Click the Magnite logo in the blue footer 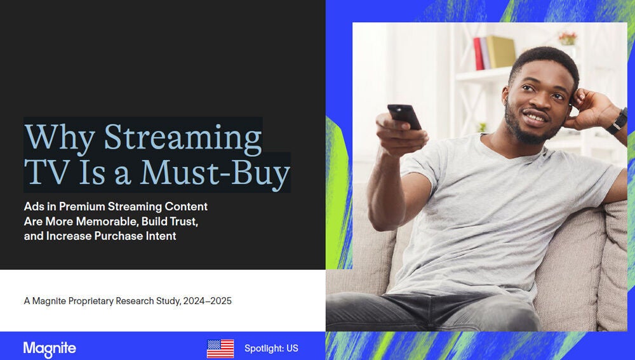click(50, 349)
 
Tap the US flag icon click(220, 349)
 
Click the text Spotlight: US click(271, 349)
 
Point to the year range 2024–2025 click(207, 301)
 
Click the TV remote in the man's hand click(404, 117)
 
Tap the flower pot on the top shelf click(567, 39)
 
